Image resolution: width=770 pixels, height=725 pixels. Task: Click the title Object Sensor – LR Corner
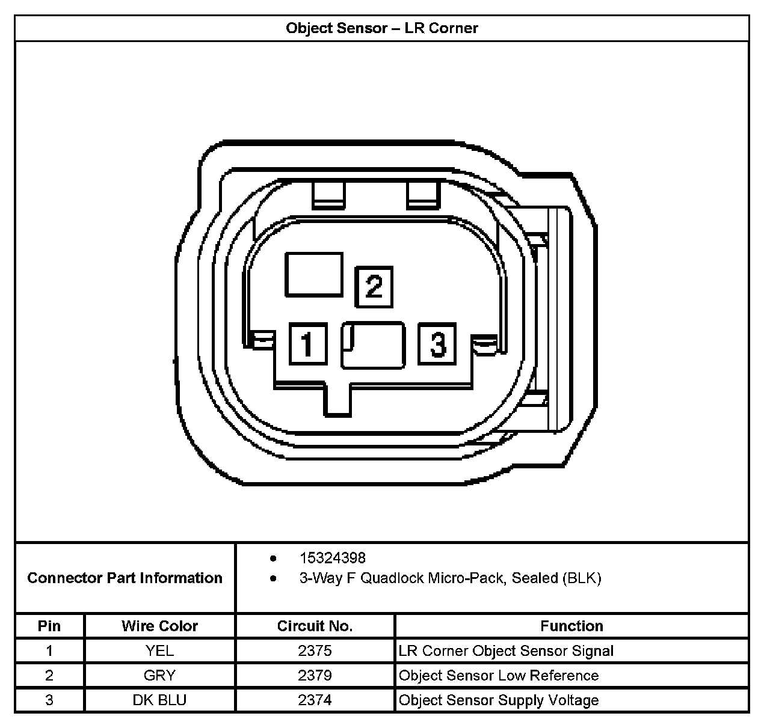382,28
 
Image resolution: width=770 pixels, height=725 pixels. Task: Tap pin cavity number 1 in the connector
308,344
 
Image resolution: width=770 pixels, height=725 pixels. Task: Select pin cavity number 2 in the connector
374,286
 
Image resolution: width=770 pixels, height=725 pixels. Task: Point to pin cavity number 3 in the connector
437,344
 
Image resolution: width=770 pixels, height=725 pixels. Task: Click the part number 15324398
332,558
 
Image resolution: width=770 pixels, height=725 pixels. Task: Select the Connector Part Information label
125,578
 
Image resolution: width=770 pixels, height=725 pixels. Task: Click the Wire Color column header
159,626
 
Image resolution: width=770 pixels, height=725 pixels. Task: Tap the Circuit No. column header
315,626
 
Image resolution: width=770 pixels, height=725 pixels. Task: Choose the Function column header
571,626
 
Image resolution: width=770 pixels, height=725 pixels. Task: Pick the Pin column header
49,626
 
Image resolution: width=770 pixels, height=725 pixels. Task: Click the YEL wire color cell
159,650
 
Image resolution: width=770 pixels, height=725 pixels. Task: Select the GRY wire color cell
159,675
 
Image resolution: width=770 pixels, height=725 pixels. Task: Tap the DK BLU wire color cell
159,700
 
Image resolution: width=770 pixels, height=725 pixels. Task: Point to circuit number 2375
315,650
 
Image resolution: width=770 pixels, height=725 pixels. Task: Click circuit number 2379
315,675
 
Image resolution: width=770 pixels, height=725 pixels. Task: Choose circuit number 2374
315,700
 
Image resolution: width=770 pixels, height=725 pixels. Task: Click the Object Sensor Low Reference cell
499,675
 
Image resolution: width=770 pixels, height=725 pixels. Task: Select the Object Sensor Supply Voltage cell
499,700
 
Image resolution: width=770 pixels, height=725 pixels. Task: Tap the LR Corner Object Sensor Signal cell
506,650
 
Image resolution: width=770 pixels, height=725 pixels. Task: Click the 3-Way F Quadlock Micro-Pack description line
450,578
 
